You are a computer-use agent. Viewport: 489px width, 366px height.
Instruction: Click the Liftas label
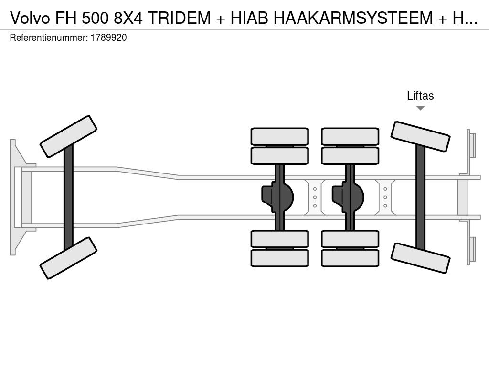click(x=420, y=95)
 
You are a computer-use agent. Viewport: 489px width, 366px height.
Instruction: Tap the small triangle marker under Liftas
click(x=420, y=108)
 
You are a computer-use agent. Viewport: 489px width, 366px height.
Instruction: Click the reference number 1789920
click(x=108, y=38)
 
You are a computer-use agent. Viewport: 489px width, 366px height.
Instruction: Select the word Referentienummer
click(x=49, y=38)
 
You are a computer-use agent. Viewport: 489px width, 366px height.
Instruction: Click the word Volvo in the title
click(x=30, y=18)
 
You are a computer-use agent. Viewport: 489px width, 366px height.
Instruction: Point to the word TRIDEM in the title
click(x=180, y=18)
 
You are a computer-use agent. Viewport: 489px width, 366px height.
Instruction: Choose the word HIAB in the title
click(x=249, y=18)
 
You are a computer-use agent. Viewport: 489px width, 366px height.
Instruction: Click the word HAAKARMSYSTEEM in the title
click(x=353, y=18)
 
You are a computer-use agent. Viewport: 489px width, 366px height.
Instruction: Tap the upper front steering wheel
click(x=69, y=136)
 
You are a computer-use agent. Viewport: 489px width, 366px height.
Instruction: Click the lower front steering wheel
click(x=69, y=258)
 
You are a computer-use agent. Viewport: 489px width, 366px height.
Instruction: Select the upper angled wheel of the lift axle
click(x=420, y=136)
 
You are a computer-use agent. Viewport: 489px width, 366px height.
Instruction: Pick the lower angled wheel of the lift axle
click(x=420, y=258)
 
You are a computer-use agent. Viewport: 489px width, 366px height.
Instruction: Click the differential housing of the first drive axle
click(x=277, y=197)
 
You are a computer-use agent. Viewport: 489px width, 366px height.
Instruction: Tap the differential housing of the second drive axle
click(x=348, y=197)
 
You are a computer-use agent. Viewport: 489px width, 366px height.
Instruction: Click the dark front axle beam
click(x=68, y=197)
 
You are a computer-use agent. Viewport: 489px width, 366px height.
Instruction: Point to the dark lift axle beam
click(x=420, y=197)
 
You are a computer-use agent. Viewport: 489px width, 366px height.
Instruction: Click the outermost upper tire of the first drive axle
click(x=280, y=136)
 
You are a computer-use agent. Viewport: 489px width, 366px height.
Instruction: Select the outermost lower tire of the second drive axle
click(x=350, y=258)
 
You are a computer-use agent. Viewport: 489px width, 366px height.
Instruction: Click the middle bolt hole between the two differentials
click(x=315, y=197)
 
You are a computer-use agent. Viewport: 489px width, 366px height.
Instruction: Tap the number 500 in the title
click(x=96, y=18)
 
